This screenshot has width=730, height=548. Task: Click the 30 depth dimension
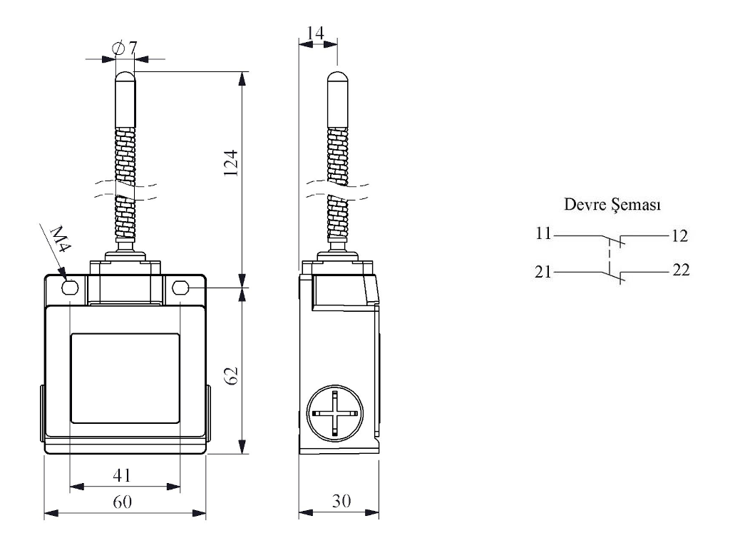(x=339, y=501)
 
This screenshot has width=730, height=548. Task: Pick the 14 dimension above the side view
(x=317, y=31)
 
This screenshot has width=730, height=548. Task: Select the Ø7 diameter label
(x=125, y=49)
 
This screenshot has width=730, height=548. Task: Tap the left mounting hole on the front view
(x=70, y=288)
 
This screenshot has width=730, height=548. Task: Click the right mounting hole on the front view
(x=180, y=288)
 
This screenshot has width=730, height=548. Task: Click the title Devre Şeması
(x=612, y=205)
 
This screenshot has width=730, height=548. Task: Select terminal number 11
(x=544, y=233)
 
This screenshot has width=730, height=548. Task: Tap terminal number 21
(x=544, y=271)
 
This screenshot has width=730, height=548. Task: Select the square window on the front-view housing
(x=125, y=377)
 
